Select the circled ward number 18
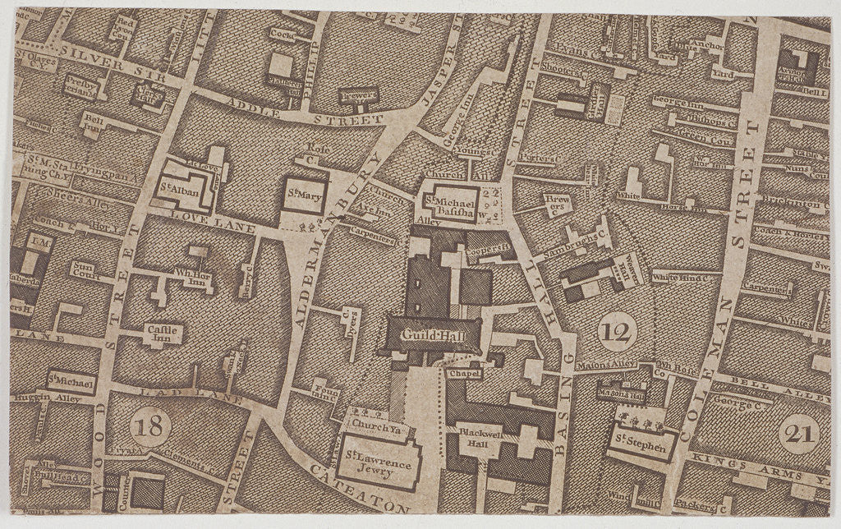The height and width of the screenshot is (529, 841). [150, 427]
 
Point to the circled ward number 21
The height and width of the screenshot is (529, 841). [798, 435]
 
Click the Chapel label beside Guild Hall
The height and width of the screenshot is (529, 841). [461, 374]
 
